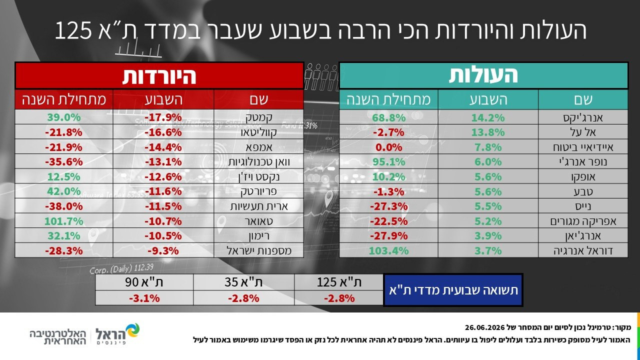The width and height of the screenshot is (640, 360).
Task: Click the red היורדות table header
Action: (x=159, y=75)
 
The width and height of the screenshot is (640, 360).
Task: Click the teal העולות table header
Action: (x=483, y=75)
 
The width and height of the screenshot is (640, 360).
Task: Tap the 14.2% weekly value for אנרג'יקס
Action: (x=488, y=117)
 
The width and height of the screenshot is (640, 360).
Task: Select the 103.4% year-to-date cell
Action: (x=388, y=250)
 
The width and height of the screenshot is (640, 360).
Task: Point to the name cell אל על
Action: (x=583, y=132)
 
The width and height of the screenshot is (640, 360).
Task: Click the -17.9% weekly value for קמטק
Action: (x=163, y=117)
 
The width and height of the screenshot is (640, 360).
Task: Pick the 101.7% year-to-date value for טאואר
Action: (x=63, y=221)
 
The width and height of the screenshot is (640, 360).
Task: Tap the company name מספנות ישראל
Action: (x=259, y=250)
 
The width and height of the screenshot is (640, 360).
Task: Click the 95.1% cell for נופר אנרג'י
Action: (x=388, y=161)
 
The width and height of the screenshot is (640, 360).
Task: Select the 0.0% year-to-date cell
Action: (x=388, y=147)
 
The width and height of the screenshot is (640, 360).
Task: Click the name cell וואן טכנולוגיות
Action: (x=259, y=161)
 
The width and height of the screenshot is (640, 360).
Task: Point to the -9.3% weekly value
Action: (x=163, y=250)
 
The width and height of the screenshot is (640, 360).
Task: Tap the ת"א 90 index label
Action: (x=144, y=282)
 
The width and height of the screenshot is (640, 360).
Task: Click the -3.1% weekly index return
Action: (x=144, y=298)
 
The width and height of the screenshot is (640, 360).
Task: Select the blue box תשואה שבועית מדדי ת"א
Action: (x=453, y=290)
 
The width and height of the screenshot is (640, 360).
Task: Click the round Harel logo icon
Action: (x=132, y=331)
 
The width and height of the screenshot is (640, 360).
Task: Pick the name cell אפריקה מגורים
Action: (x=583, y=221)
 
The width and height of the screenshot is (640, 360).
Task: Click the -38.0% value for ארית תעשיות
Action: (x=63, y=206)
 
